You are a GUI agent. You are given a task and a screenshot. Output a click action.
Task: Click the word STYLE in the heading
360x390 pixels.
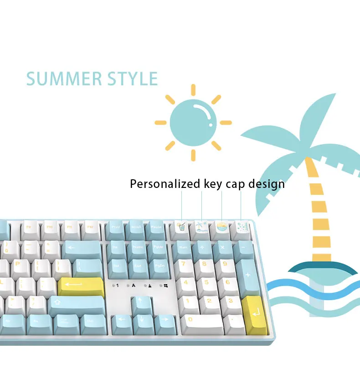pyautogui.click(x=133, y=79)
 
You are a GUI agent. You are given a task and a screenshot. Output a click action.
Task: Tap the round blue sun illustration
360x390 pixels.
pyautogui.click(x=193, y=122)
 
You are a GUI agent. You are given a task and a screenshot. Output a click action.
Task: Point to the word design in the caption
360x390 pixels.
pyautogui.click(x=267, y=184)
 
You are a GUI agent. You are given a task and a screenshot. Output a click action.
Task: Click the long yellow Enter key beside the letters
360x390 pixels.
pyautogui.click(x=80, y=286)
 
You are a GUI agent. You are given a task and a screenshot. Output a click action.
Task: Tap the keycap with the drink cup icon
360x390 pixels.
pyautogui.click(x=182, y=227)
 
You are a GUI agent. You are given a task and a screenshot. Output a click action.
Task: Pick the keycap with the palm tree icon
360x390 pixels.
pyautogui.click(x=201, y=227)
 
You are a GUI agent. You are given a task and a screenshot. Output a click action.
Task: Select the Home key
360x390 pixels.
pyautogui.click(x=138, y=249)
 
